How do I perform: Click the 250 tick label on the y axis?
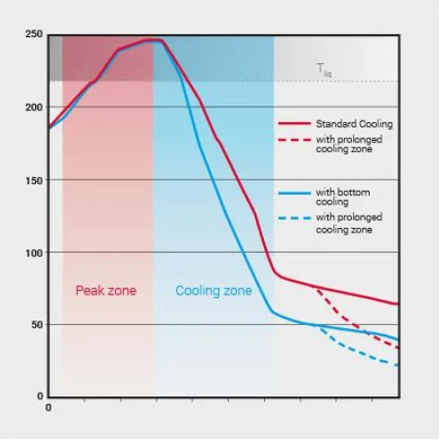pos(34,34)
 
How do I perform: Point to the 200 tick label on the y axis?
pos(34,107)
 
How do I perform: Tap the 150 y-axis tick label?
pos(34,180)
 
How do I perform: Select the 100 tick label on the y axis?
pos(34,253)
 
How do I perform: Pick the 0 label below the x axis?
pos(48,407)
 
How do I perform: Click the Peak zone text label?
pos(106,291)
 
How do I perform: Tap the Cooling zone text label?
pos(214,291)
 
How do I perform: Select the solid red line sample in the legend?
pos(294,123)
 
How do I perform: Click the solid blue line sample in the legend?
pos(294,194)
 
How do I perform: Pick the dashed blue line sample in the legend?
pos(294,220)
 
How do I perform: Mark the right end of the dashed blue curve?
pos(398,366)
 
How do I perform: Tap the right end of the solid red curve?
pos(398,304)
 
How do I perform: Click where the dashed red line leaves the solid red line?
pos(316,288)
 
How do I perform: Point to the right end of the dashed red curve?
pos(398,348)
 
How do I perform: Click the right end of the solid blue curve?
pos(398,340)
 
